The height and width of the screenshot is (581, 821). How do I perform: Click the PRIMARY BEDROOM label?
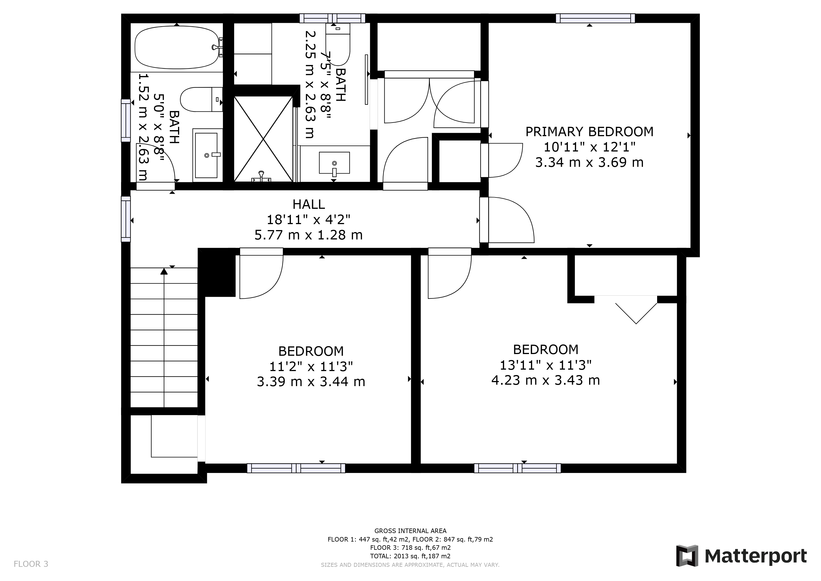589,132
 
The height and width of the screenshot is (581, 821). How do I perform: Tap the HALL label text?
309,204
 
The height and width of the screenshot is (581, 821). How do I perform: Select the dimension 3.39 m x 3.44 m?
311,382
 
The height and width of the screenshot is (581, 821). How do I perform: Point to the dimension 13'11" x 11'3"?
546,365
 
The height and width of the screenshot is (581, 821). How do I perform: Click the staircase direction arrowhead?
164,271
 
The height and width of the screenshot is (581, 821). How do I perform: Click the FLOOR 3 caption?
31,564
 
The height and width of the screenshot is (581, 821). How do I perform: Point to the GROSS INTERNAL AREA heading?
410,531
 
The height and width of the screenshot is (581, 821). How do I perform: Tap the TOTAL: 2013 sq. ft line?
410,556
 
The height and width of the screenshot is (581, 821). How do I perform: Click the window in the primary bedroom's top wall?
595,18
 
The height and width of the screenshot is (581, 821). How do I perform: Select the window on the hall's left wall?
126,219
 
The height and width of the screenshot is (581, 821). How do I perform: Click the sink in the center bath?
334,163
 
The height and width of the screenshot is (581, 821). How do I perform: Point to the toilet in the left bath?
201,99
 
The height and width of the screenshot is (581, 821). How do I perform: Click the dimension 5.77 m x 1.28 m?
309,235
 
